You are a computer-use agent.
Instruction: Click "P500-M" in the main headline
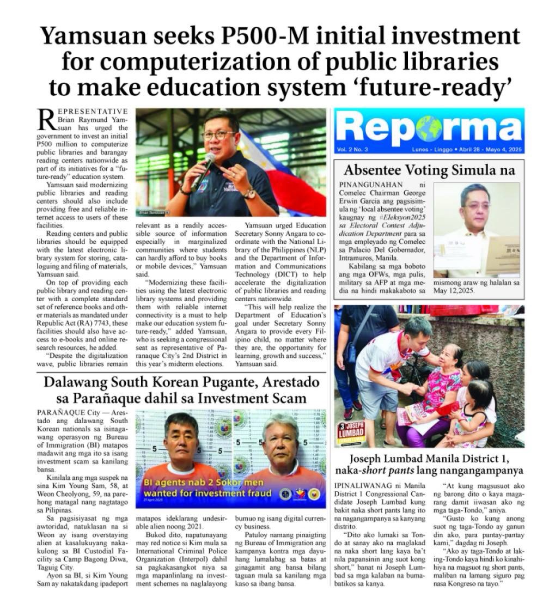(x=249, y=36)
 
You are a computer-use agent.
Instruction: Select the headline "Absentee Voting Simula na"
(x=429, y=170)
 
